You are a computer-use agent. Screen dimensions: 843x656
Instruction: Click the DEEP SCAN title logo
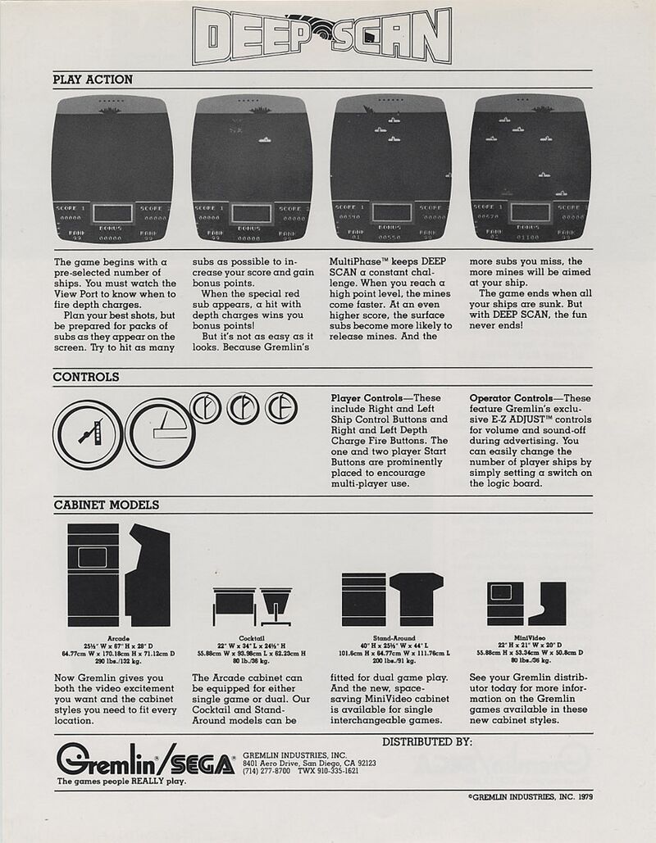[321, 36]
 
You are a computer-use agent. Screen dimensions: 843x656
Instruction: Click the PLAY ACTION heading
[93, 79]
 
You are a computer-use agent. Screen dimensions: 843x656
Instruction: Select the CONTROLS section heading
[86, 377]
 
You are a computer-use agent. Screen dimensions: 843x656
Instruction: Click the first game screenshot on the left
[112, 170]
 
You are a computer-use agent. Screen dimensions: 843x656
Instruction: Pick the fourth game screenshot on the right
[531, 170]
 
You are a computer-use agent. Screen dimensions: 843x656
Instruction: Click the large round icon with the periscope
[88, 434]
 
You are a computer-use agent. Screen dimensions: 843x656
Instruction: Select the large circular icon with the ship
[159, 433]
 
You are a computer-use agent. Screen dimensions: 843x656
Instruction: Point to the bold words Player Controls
[367, 398]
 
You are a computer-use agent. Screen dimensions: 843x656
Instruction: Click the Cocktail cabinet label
[252, 637]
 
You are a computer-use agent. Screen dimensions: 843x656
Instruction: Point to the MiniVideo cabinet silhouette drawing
[526, 603]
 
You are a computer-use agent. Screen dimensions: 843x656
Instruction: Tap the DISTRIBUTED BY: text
[426, 741]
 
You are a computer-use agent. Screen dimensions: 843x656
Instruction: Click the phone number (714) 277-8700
[267, 771]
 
